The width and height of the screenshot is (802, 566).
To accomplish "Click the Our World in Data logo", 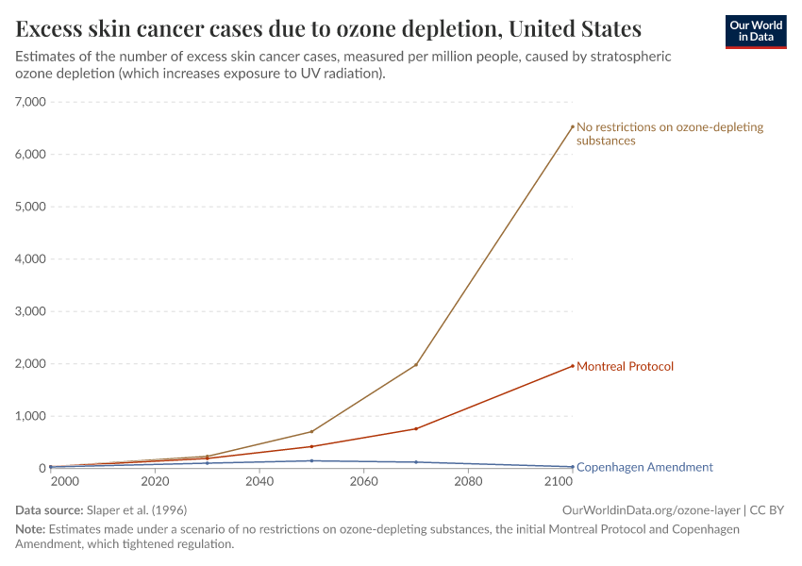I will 755,31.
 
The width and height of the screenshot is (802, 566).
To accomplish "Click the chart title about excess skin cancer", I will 328,28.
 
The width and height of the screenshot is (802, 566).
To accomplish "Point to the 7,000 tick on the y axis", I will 32,102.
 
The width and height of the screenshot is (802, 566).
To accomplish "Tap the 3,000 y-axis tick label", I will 32,311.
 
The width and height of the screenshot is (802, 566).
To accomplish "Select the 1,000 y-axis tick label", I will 32,416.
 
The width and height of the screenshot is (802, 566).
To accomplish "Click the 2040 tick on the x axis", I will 259,482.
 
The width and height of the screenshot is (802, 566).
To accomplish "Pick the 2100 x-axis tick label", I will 560,482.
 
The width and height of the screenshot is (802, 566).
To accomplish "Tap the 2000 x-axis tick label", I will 64,482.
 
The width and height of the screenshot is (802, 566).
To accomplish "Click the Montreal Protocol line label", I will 625,366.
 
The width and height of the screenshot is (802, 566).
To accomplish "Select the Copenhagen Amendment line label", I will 644,467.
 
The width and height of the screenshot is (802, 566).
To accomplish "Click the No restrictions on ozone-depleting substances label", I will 669,134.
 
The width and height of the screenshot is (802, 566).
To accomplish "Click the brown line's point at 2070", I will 416,365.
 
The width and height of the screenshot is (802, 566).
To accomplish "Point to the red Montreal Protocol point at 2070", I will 416,428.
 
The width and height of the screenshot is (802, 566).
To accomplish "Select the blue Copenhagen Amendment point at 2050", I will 311,460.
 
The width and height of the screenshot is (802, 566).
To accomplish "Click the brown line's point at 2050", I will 311,431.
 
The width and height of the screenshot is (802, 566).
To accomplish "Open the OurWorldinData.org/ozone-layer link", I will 650,510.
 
